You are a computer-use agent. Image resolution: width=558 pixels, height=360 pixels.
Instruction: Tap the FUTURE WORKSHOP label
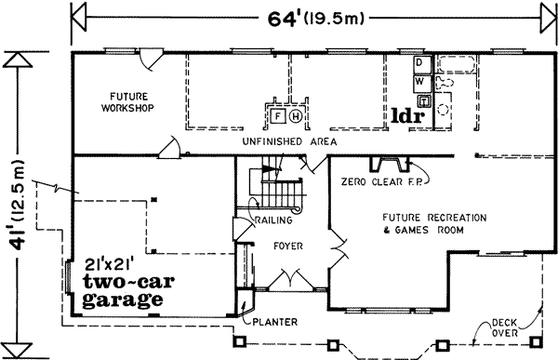127,101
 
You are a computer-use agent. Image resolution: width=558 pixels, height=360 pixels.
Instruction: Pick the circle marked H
295,115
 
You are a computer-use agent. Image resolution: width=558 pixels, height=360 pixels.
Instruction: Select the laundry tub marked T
423,100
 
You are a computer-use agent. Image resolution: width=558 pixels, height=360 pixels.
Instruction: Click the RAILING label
273,220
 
